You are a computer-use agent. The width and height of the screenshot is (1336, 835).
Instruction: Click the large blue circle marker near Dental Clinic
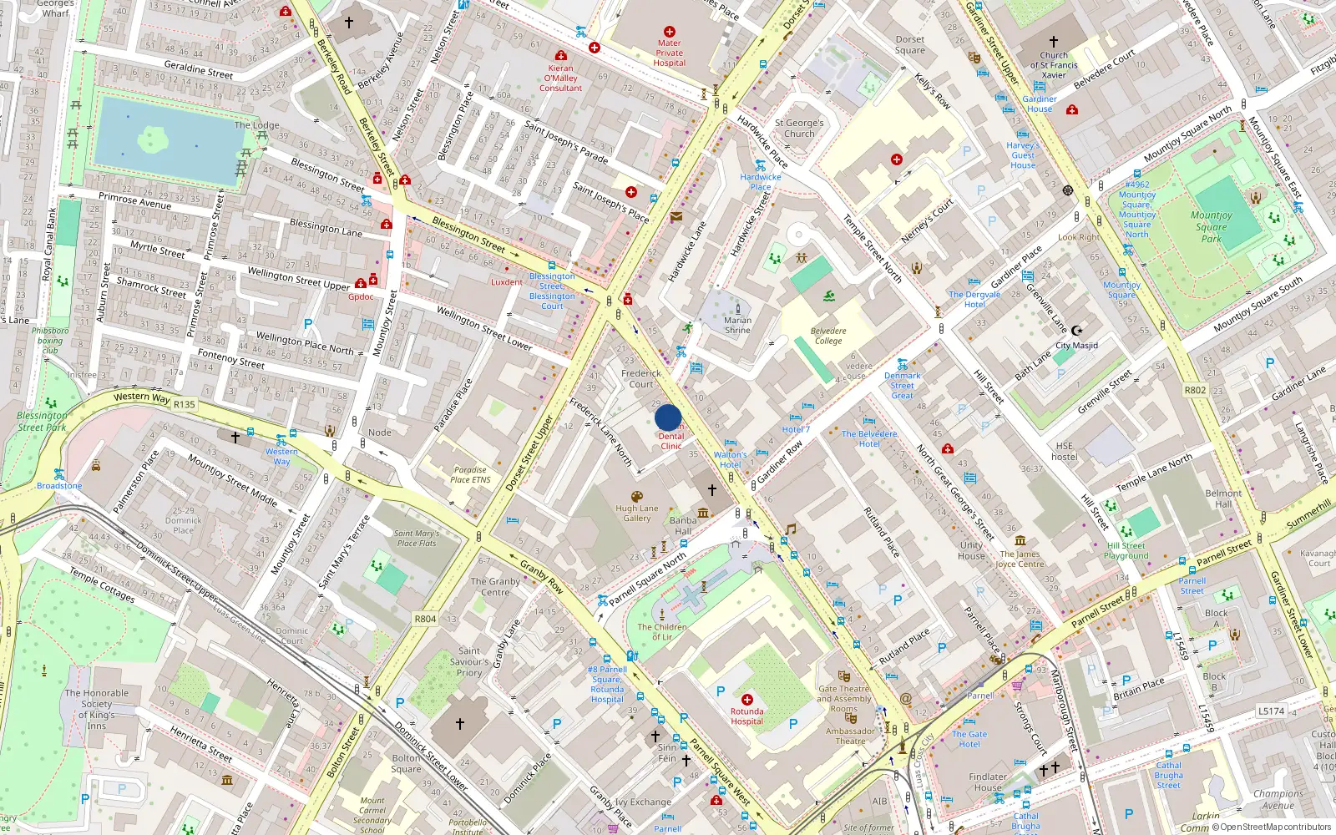point(668,417)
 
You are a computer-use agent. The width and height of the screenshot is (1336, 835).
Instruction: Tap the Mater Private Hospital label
point(669,53)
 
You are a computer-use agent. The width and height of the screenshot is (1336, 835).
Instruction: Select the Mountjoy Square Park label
point(1211,226)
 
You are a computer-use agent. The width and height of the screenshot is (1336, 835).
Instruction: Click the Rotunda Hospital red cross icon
point(746,700)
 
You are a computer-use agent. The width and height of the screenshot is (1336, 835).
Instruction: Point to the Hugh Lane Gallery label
point(637,513)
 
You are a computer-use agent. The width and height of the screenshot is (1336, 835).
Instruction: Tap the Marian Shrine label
point(737,325)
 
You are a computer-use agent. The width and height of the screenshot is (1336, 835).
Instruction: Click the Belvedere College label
point(828,336)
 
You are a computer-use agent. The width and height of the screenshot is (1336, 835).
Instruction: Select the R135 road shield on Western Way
point(184,404)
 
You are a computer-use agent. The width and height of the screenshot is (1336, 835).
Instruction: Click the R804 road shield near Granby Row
point(425,619)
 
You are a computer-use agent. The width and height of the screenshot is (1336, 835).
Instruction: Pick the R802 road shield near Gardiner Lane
point(1195,390)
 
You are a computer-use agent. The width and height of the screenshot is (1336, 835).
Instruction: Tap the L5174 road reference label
point(1271,711)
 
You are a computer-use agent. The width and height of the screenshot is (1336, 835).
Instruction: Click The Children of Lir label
point(662,631)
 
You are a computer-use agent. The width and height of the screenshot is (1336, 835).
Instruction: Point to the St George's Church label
point(799,128)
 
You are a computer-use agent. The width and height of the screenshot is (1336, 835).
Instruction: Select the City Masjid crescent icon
point(1076,331)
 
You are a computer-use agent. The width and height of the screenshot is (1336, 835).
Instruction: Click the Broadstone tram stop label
point(59,485)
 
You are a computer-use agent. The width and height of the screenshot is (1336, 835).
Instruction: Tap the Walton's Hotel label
point(730,459)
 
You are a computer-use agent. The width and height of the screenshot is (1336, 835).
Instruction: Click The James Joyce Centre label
point(1020,559)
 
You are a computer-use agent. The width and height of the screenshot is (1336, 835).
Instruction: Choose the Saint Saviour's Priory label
point(468,661)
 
